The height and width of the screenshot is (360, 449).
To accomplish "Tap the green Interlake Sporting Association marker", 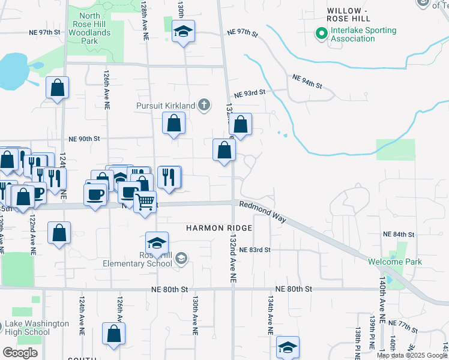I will click(321, 34).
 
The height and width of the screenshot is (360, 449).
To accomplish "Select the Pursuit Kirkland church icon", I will click(204, 106).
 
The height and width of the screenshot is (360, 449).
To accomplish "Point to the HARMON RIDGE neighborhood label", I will click(218, 229).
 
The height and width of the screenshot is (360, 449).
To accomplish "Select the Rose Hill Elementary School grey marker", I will click(181, 259).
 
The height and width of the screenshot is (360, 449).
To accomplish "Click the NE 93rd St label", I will click(250, 94).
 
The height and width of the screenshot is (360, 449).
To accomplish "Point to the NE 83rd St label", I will click(255, 250).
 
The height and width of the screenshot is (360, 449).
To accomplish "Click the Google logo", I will click(20, 352).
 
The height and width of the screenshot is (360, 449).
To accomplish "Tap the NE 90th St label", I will click(83, 139).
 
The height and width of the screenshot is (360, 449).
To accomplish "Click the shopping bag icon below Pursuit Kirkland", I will click(173, 124).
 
